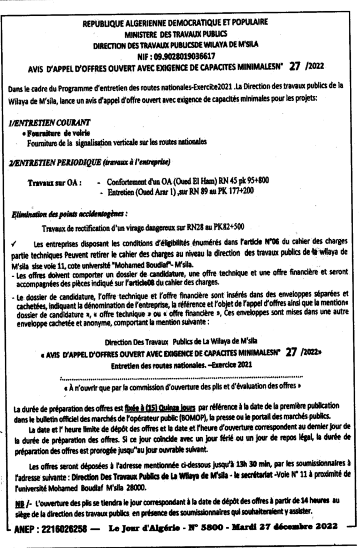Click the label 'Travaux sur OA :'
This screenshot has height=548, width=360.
[54, 183]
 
